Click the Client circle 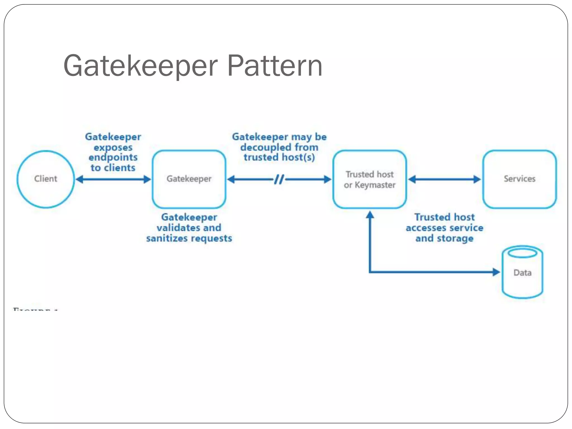pos(46,179)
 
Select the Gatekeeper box pos(189,179)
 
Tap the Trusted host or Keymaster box pos(370,179)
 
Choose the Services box pos(519,179)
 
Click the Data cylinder pos(522,272)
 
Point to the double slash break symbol pos(279,179)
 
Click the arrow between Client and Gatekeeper pos(113,179)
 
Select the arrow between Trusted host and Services pos(444,179)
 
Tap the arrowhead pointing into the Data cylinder pos(496,272)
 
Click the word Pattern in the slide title pos(275,66)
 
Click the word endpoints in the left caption pos(113,157)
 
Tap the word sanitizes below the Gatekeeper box pos(167,238)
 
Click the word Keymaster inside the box pos(375,185)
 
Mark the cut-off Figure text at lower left pos(35,309)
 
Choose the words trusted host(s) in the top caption pos(279,157)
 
